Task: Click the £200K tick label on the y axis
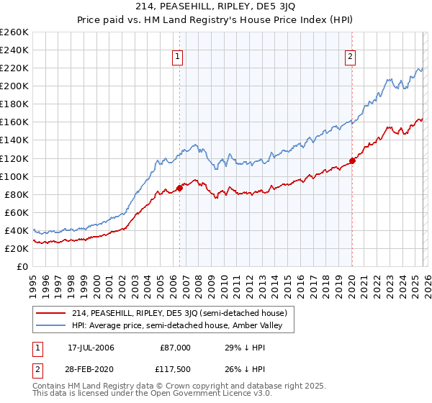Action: (14, 86)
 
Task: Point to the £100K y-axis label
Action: (14, 176)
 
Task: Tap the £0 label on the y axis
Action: (22, 266)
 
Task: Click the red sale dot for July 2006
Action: (179, 188)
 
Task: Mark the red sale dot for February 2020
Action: (352, 160)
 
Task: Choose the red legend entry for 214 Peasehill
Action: (179, 313)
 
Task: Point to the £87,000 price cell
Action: (175, 348)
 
